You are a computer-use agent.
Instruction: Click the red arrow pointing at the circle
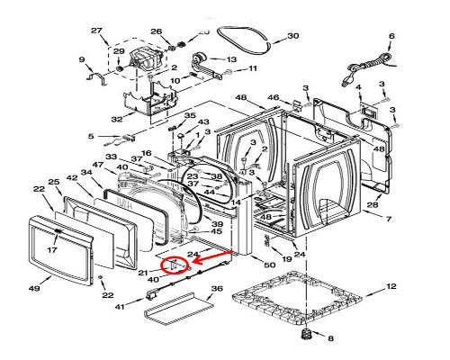(212, 257)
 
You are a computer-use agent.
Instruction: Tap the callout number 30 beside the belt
(293, 36)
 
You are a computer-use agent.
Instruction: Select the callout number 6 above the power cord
(391, 36)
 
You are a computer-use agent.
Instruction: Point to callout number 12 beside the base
(391, 286)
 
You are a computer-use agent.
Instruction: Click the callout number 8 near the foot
(330, 338)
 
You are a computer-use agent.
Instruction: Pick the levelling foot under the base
(306, 333)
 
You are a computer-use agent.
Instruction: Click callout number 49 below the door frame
(34, 288)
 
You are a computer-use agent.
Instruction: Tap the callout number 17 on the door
(52, 249)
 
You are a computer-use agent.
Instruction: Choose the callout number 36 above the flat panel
(217, 289)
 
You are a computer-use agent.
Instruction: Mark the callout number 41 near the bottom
(121, 307)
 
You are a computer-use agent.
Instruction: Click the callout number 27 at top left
(96, 31)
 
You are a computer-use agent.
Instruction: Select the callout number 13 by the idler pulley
(231, 59)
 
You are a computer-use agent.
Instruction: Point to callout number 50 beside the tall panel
(270, 265)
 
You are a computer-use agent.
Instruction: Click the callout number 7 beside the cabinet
(389, 219)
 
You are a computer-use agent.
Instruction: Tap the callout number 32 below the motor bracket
(117, 119)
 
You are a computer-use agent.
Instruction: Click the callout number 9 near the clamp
(82, 59)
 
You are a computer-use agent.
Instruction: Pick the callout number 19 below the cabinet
(287, 258)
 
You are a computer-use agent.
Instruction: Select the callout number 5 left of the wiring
(91, 136)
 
